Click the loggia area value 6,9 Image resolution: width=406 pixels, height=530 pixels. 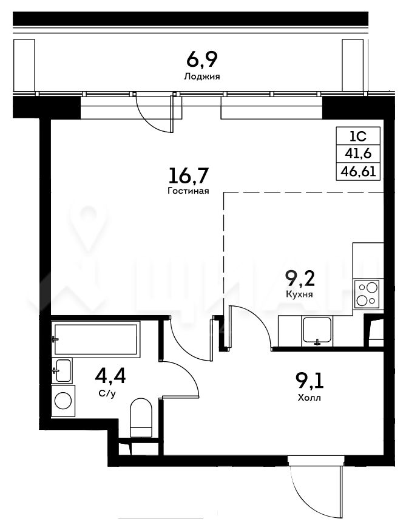coord(202,60)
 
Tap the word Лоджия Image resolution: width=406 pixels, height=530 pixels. coord(201,76)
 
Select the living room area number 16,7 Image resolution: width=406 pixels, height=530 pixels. coord(189,176)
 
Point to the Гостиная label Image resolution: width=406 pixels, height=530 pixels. coord(188,191)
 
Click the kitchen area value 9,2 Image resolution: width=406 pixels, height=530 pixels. coord(300,279)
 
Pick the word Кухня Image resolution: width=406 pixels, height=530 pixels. coord(299,294)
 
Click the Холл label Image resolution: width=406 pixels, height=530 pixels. coord(310,398)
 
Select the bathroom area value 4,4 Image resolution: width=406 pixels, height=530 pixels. coord(110,376)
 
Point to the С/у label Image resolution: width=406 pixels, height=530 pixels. coord(107,393)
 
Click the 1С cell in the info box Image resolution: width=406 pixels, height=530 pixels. coord(357,136)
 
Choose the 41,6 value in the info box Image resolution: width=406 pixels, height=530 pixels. coord(358,154)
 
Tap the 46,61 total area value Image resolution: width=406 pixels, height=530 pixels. coord(358,172)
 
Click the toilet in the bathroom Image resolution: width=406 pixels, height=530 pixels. coord(141,418)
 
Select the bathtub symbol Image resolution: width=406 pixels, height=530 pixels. coord(96,339)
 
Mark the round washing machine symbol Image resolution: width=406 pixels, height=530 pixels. coord(63,401)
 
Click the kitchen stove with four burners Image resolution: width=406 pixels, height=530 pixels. coord(367,294)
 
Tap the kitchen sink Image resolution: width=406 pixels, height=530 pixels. coord(317,330)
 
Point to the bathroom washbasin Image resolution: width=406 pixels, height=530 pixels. coord(62,370)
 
